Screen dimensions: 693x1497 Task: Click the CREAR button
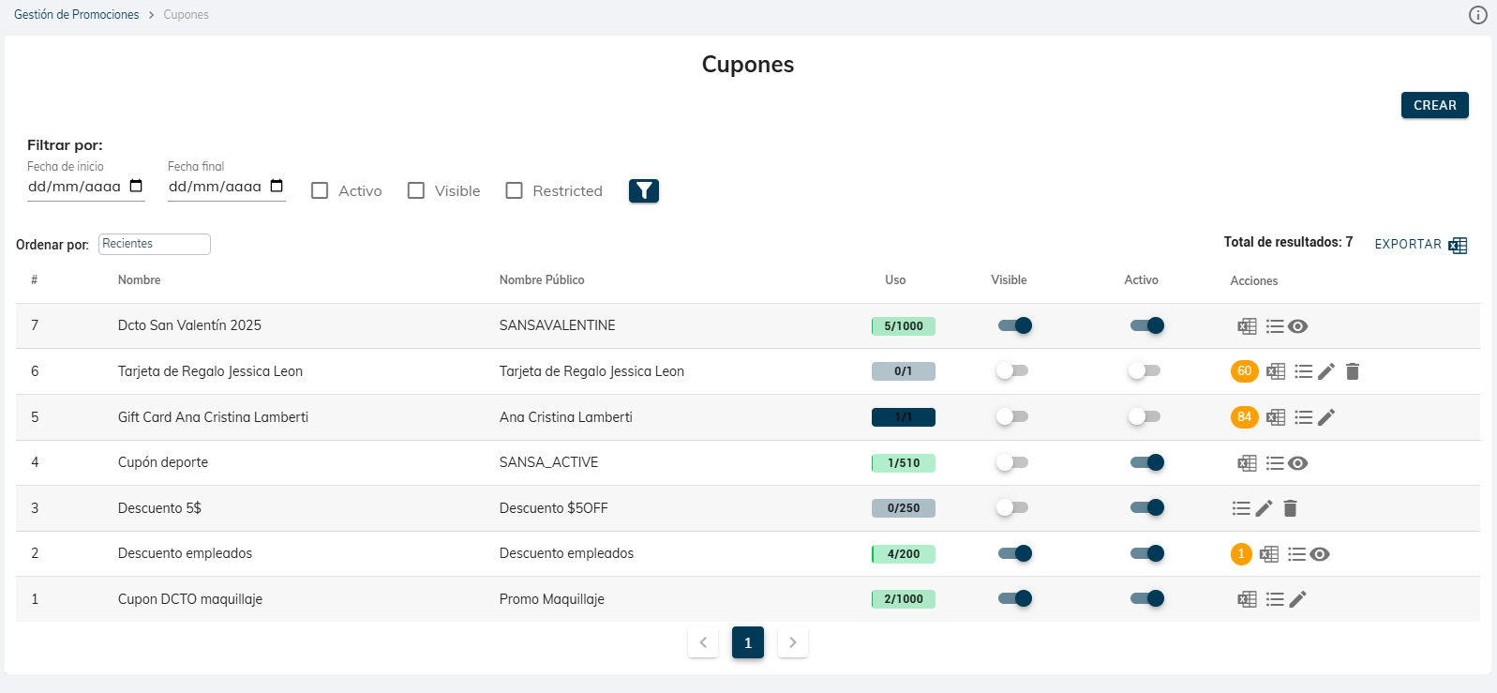[x=1434, y=105]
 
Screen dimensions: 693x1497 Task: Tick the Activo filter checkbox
[x=320, y=190]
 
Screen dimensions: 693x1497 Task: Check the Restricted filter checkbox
[x=514, y=190]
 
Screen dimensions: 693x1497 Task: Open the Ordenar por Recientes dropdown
[x=155, y=244]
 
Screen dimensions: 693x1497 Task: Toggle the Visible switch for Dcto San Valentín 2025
[x=1014, y=325]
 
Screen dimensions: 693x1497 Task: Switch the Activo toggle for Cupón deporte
[x=1146, y=462]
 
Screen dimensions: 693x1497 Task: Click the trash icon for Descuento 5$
[x=1290, y=508]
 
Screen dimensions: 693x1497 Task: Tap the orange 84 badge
[x=1244, y=417]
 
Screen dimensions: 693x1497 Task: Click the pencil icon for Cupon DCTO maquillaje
[x=1298, y=599]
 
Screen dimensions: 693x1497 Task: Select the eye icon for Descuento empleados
[x=1320, y=554]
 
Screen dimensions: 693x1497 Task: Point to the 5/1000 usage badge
[x=903, y=326]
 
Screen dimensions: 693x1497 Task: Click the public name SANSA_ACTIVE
[x=548, y=462]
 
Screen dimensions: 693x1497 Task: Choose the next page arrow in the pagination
[x=792, y=642]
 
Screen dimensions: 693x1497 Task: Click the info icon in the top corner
[x=1477, y=15]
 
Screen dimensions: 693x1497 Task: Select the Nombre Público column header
[x=542, y=280]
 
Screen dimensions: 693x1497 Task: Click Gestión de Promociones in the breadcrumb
[x=76, y=15]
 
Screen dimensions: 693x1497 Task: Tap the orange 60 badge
[x=1244, y=371]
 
